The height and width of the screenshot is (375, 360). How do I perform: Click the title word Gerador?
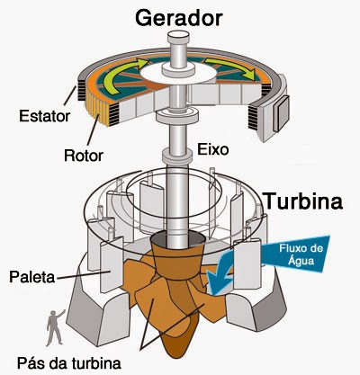(179, 18)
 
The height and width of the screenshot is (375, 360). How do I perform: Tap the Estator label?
(44, 116)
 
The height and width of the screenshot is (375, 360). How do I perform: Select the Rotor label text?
(84, 156)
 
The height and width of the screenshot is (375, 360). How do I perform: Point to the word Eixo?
(212, 149)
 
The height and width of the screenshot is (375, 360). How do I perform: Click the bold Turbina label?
(302, 201)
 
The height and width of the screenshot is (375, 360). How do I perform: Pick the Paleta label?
(32, 277)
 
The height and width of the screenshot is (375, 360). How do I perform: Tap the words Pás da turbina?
(69, 362)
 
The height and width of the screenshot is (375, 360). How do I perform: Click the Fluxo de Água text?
(301, 254)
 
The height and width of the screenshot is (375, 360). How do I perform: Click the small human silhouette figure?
(55, 327)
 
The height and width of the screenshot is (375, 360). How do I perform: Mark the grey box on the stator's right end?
(281, 113)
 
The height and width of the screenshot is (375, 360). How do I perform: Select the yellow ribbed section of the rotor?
(96, 109)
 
